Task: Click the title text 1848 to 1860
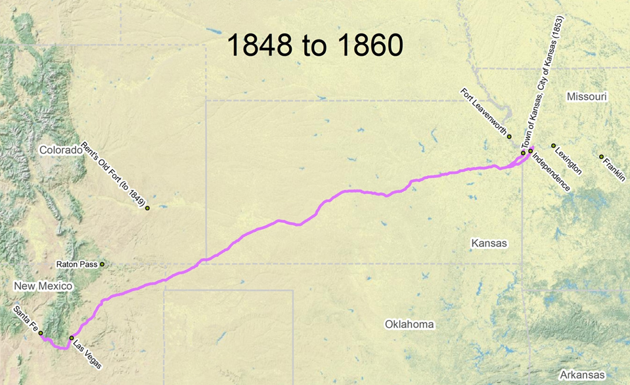coord(315,46)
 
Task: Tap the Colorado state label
coord(60,150)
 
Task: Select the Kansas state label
coord(489,243)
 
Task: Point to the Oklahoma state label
coord(410,325)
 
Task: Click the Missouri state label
coord(587,97)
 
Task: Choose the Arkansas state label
coord(578,374)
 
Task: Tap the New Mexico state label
coord(43,286)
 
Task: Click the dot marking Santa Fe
coord(41,333)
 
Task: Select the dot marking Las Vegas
coord(72,338)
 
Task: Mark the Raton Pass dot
coord(102,264)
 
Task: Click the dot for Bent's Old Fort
coord(147,208)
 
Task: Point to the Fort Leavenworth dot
coord(509,136)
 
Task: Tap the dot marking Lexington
coord(553,146)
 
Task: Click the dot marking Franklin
coord(601,156)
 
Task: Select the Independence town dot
coord(530,151)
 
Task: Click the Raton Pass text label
coord(77,265)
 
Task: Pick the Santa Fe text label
coord(25,319)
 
